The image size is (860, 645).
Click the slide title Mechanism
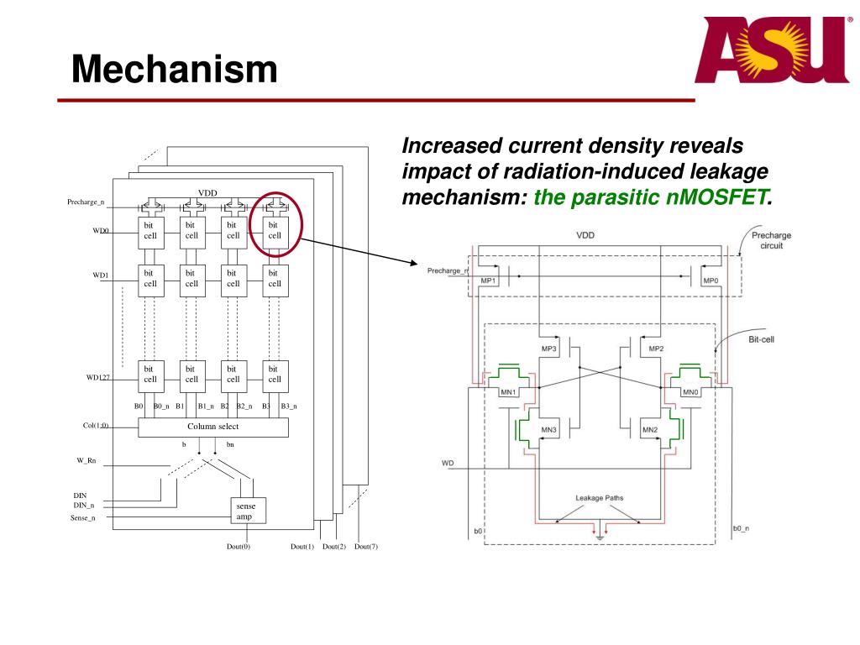point(174,69)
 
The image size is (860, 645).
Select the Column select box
point(212,427)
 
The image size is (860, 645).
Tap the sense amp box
point(245,511)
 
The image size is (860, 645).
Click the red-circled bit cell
point(275,230)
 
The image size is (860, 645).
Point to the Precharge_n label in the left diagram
point(86,202)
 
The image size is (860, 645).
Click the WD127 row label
point(98,378)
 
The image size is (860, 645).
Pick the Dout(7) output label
point(366,547)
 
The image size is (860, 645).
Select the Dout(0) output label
point(239,547)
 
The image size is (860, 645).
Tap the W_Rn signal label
point(87,460)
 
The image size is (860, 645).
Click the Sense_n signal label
point(82,518)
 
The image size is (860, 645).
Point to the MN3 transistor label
point(548,430)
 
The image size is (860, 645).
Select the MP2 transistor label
point(657,348)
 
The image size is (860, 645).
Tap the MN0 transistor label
point(690,392)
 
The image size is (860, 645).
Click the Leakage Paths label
point(600,498)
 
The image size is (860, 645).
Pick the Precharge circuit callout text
point(771,240)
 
